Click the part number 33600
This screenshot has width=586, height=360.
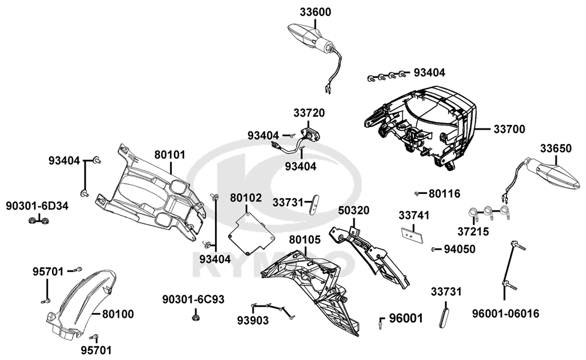[315, 12]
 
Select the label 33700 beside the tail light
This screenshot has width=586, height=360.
[509, 130]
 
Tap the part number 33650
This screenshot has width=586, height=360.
[556, 149]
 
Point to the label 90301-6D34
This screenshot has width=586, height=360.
[37, 206]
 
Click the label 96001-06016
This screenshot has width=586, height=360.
[505, 314]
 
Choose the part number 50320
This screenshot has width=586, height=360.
[353, 211]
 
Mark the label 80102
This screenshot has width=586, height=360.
[246, 198]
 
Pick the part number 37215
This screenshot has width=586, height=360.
[473, 232]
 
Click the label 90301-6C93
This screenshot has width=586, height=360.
[193, 300]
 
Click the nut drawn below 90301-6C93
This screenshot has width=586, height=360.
[195, 317]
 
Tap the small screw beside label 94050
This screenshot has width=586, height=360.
[434, 249]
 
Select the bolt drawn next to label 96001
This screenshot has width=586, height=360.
[380, 322]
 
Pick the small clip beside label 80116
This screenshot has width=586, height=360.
[416, 193]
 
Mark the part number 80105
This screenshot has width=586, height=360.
[305, 240]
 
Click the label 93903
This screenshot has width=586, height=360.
[253, 321]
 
